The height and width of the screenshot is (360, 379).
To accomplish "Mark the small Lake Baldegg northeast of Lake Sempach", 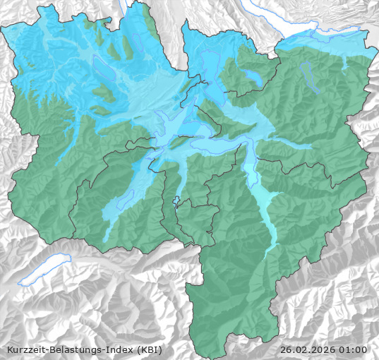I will tap(126, 47).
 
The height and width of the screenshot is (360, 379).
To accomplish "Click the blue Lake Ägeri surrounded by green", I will tap(252, 76).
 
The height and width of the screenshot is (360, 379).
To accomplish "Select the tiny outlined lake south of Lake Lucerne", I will tap(177, 200).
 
